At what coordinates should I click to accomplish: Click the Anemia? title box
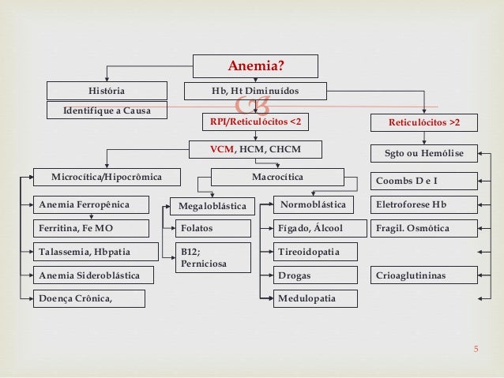pyautogui.click(x=257, y=65)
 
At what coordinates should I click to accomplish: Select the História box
pyautogui.click(x=106, y=91)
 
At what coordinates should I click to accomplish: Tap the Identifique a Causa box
pyautogui.click(x=106, y=110)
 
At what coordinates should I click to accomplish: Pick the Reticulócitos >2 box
pyautogui.click(x=423, y=124)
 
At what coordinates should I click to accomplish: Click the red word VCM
pyautogui.click(x=220, y=148)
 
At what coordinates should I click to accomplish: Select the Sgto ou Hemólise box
pyautogui.click(x=423, y=152)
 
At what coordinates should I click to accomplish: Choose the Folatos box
pyautogui.click(x=212, y=229)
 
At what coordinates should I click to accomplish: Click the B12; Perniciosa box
pyautogui.click(x=212, y=257)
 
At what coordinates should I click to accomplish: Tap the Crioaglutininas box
pyautogui.click(x=423, y=275)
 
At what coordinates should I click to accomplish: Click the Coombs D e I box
pyautogui.click(x=423, y=182)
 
